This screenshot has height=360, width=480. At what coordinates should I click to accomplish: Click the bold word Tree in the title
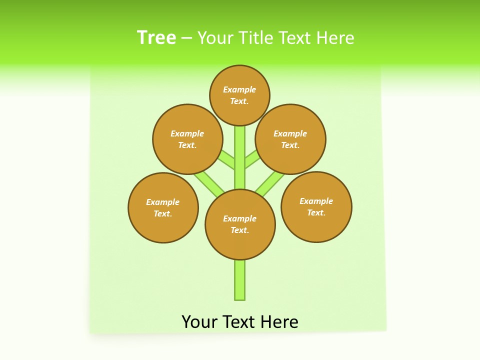(x=156, y=37)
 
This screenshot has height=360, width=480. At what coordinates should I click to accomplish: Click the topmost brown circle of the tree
(x=239, y=95)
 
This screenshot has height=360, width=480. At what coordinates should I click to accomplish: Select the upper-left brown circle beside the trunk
(x=187, y=139)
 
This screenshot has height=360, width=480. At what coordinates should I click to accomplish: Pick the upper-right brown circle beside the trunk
(x=290, y=139)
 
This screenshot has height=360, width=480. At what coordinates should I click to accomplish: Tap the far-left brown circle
(x=163, y=207)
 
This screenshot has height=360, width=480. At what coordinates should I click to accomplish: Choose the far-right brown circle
(x=316, y=206)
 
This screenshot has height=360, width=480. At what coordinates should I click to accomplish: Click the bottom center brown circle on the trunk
(x=240, y=224)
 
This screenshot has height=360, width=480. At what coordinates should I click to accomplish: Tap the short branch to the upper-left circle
(x=226, y=159)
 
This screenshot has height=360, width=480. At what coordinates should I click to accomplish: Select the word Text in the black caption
(x=238, y=321)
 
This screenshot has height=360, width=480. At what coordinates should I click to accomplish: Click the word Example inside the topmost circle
(x=239, y=89)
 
